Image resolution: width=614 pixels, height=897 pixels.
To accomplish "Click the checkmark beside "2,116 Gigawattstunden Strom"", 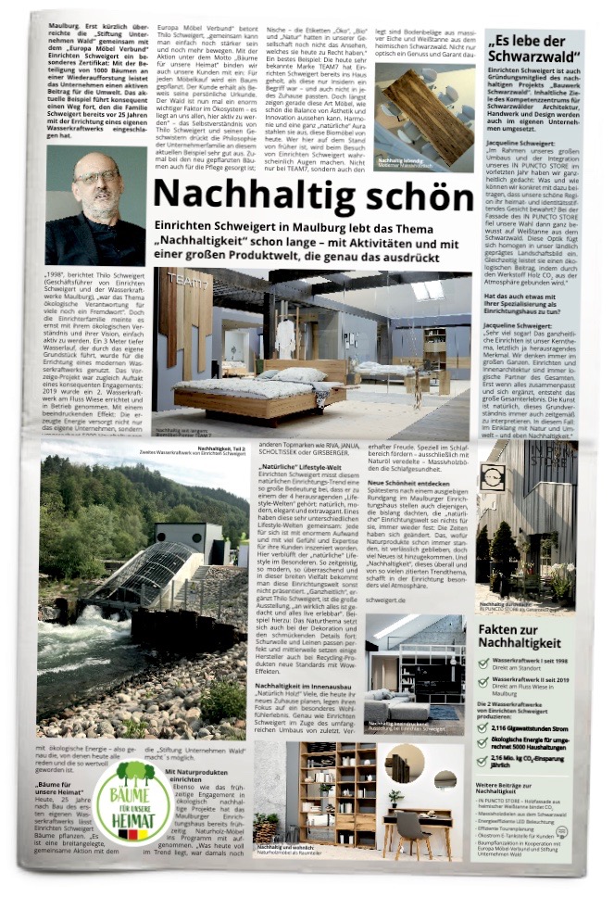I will [482, 728].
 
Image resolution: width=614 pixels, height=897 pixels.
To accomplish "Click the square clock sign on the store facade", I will [491, 476].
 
